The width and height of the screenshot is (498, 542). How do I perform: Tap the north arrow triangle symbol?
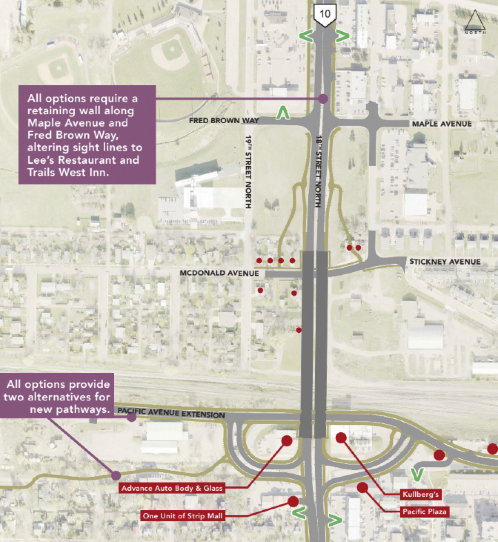476,21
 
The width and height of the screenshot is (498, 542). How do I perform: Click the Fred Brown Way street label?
224,120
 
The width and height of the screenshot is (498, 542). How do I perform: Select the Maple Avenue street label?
442,124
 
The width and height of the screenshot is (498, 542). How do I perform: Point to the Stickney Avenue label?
445,262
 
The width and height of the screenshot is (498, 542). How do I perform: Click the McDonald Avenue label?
219,273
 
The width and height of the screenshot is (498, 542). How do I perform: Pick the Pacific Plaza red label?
424,512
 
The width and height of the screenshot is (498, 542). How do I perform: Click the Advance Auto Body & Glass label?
172,488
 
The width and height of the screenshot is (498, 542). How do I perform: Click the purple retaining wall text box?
87,135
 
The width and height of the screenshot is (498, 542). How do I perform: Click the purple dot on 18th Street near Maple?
323,99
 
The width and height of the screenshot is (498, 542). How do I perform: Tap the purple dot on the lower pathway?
116,475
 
